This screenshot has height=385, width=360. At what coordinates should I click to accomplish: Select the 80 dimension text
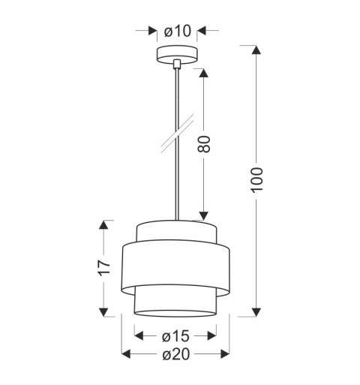(205, 143)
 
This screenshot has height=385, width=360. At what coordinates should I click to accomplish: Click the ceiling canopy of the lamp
(177, 56)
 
